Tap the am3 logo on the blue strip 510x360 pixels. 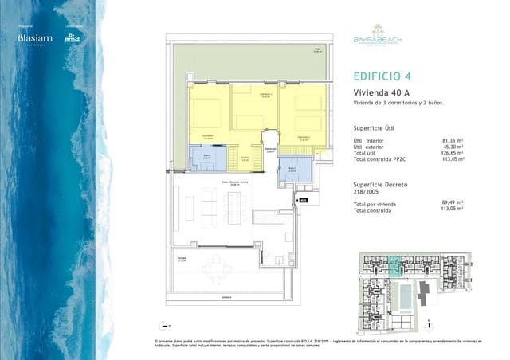[73, 38]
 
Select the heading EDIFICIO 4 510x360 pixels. [381, 77]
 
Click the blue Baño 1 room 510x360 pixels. [206, 158]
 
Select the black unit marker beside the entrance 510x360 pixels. [303, 201]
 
